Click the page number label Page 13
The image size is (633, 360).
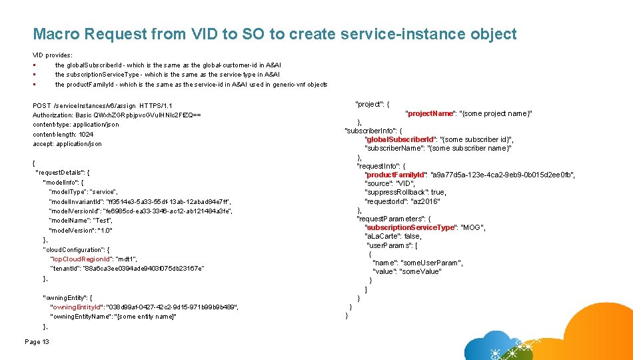(37, 342)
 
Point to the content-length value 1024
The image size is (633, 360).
(87, 134)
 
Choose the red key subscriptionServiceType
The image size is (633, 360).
(410, 227)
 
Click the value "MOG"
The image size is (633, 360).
(473, 227)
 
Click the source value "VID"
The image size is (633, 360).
(405, 183)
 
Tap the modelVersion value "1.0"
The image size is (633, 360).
(105, 230)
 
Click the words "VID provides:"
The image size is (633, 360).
(53, 54)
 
